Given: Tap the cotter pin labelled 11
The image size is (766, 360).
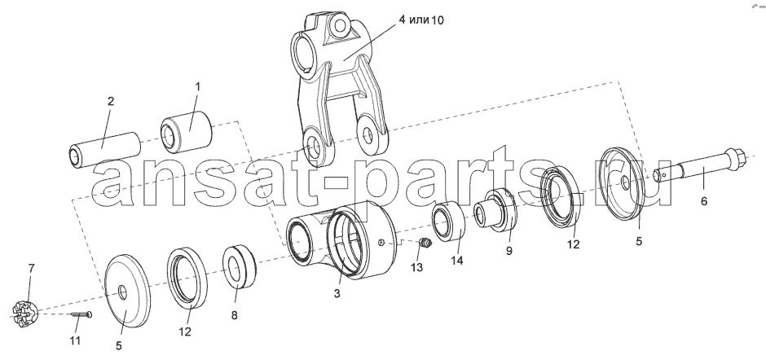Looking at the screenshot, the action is point(82,315).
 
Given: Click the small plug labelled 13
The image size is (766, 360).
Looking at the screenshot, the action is point(426,242).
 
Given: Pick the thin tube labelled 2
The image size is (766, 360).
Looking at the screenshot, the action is point(104,149).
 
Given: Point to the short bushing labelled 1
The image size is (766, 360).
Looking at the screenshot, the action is point(187,130).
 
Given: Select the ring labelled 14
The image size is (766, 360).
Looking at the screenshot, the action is point(448,222).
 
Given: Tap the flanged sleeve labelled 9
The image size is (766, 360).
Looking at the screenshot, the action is point(495,210).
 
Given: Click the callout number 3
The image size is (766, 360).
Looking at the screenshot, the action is point(337,293).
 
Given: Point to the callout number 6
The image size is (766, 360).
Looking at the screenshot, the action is point(704,200).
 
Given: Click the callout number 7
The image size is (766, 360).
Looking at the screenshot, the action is point(31,268).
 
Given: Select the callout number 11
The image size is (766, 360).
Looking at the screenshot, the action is point(75,340).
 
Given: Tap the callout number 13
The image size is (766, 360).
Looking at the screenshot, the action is point(416,267).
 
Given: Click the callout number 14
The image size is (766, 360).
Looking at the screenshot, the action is point(456,261).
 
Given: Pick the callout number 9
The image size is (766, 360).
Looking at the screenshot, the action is point(509,251).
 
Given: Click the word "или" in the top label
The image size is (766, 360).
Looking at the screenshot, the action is point(419,20).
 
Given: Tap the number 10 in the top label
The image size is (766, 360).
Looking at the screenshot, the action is point(438,20).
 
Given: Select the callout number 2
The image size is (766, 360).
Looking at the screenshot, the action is point(111,101).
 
